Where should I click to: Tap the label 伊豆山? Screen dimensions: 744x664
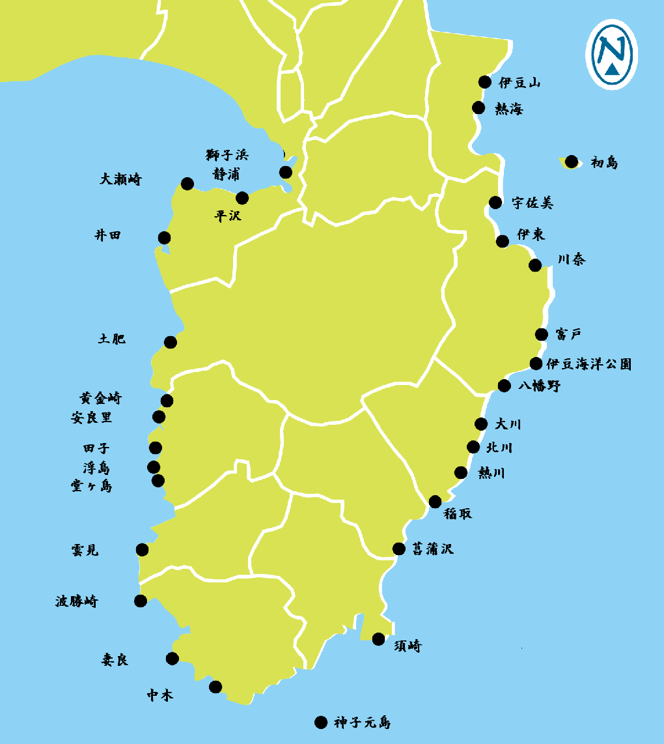pyautogui.click(x=519, y=83)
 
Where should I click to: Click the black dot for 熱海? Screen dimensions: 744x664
pyautogui.click(x=478, y=107)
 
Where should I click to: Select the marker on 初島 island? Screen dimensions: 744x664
pyautogui.click(x=572, y=162)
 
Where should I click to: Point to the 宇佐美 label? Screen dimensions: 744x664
pyautogui.click(x=532, y=203)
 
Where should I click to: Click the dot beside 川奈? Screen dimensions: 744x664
pyautogui.click(x=535, y=265)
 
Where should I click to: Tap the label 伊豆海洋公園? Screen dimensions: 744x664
pyautogui.click(x=588, y=364)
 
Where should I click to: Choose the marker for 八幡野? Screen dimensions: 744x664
pyautogui.click(x=504, y=386)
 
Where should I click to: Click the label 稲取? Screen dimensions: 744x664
pyautogui.click(x=458, y=514)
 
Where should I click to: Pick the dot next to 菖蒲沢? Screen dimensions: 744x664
pyautogui.click(x=399, y=549)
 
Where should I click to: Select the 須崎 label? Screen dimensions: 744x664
pyautogui.click(x=408, y=646)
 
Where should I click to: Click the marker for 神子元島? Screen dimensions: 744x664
pyautogui.click(x=320, y=722)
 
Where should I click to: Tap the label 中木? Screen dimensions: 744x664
pyautogui.click(x=159, y=696)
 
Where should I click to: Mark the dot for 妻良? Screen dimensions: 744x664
pyautogui.click(x=172, y=658)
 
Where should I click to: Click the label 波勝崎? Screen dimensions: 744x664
pyautogui.click(x=76, y=601)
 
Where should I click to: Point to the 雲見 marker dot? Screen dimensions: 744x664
pyautogui.click(x=142, y=550)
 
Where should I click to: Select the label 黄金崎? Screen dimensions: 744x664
pyautogui.click(x=100, y=398)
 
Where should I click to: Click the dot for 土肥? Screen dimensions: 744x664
pyautogui.click(x=171, y=341)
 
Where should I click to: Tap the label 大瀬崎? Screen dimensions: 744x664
pyautogui.click(x=120, y=179)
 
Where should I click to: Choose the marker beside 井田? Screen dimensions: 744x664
pyautogui.click(x=164, y=237)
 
